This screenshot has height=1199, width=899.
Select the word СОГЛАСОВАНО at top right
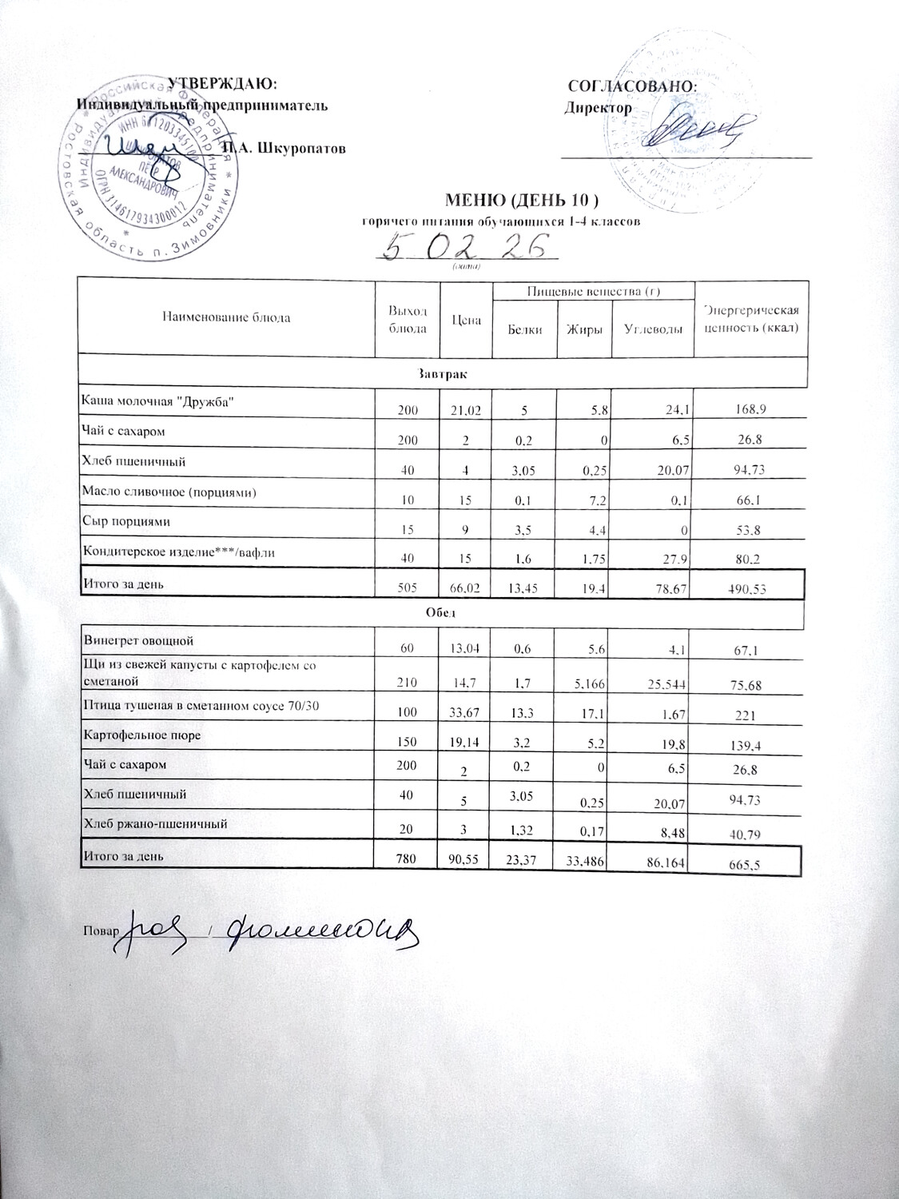[x=633, y=85]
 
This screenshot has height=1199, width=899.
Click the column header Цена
[x=466, y=318]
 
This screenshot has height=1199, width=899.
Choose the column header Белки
[x=524, y=329]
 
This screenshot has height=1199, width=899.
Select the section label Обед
[x=440, y=612]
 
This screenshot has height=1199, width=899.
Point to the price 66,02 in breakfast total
[x=465, y=588]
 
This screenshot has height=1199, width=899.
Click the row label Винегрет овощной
[x=137, y=640]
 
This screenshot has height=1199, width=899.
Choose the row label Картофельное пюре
[x=141, y=735]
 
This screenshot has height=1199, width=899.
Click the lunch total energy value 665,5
[x=750, y=864]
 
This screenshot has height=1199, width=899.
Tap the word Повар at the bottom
[x=97, y=930]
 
